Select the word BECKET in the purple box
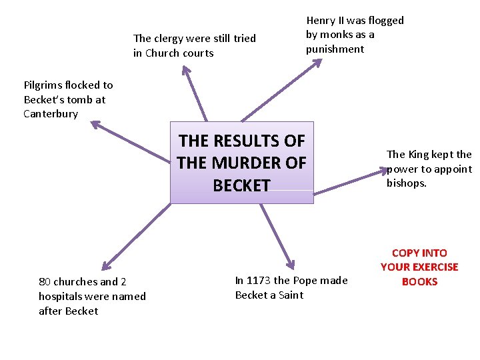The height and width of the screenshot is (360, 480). pyautogui.click(x=241, y=185)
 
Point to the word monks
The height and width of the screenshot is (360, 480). pyautogui.click(x=335, y=35)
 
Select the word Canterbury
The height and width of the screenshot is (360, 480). pyautogui.click(x=51, y=114)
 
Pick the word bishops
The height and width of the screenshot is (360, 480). pyautogui.click(x=406, y=183)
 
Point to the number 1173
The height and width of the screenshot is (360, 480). pyautogui.click(x=259, y=281)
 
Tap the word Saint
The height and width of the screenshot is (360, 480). pyautogui.click(x=289, y=295)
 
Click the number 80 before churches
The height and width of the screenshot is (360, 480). pyautogui.click(x=45, y=282)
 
